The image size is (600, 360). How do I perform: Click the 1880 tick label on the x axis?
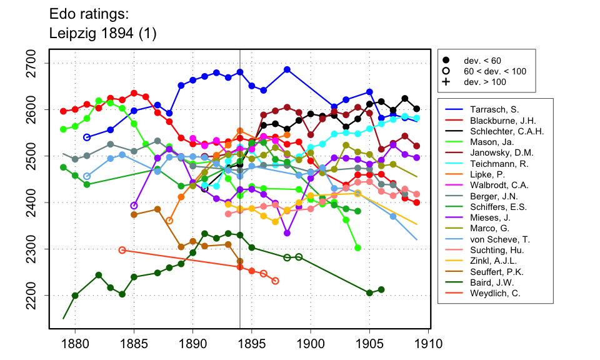coord(75,343)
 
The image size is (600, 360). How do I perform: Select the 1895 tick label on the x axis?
coord(252,343)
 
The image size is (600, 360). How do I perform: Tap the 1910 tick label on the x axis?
coord(428,343)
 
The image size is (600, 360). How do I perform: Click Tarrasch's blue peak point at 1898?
coord(287,69)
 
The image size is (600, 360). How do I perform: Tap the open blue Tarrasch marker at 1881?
coord(87,137)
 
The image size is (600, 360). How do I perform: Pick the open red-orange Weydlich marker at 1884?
coord(122,250)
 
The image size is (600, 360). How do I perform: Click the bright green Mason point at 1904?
coord(357,248)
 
